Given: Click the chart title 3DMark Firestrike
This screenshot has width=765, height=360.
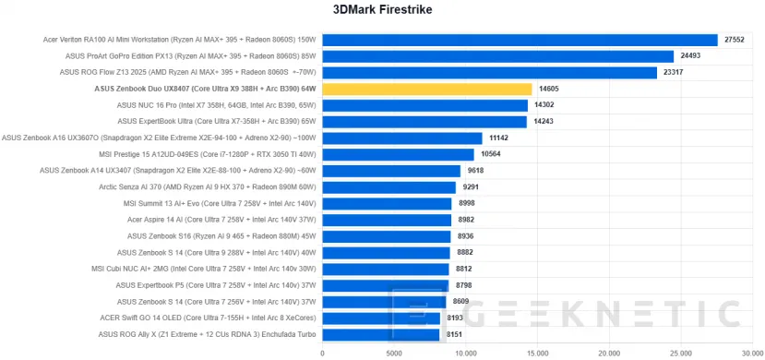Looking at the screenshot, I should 382,10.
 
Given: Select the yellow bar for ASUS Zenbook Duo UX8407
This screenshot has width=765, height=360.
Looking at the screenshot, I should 426,89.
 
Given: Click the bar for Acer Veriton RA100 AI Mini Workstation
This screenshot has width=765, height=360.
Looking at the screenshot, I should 520,40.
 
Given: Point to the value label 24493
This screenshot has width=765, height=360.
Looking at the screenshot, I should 692,56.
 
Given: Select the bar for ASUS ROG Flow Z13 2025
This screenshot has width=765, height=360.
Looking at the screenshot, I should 489,72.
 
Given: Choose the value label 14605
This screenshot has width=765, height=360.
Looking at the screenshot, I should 550,89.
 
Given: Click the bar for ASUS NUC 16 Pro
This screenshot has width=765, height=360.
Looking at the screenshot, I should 424,105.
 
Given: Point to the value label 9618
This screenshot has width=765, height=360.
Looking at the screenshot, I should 477,171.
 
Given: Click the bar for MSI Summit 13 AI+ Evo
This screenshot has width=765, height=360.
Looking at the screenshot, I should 387,203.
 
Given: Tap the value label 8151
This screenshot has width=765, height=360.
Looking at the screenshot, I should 456,334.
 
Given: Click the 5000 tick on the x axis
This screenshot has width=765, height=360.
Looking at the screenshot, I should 394,352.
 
